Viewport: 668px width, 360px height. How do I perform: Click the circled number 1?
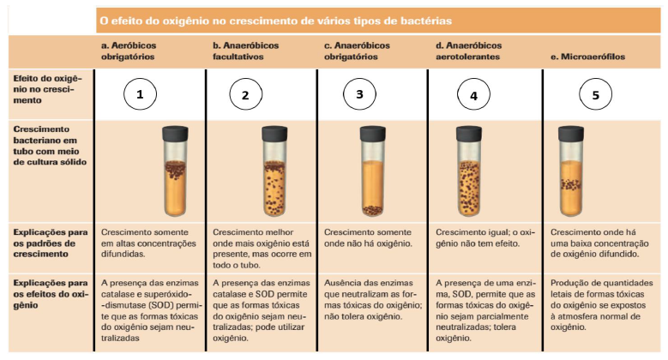click(x=140, y=94)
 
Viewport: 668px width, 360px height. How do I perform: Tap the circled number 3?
click(x=359, y=94)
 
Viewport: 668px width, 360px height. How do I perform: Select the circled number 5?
click(x=596, y=94)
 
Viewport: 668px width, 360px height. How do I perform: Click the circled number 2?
click(x=245, y=94)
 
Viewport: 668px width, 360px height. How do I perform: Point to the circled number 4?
click(x=473, y=94)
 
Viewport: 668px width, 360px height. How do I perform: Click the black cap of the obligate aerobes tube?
click(x=175, y=134)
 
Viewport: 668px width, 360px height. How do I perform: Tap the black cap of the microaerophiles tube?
click(x=571, y=134)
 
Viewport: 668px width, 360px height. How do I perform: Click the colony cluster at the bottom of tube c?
click(x=373, y=210)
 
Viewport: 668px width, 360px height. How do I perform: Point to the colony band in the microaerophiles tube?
click(x=571, y=184)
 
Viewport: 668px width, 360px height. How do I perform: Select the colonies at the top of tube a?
click(x=175, y=170)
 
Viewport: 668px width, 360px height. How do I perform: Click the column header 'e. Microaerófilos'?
click(x=587, y=57)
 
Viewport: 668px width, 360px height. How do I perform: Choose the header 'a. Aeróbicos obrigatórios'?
click(x=129, y=51)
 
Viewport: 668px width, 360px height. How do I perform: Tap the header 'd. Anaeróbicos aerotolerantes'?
click(x=468, y=51)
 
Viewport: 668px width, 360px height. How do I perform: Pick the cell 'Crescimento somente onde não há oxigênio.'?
click(x=368, y=237)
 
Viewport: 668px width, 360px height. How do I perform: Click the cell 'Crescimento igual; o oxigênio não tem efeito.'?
click(x=485, y=237)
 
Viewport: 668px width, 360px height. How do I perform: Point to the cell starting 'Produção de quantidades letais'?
click(x=601, y=305)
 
